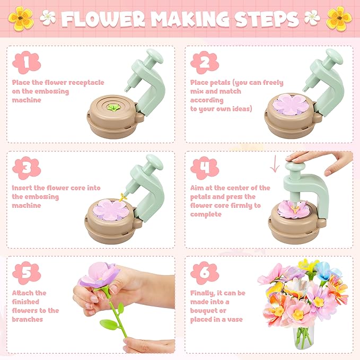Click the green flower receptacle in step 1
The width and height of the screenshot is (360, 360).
[x=112, y=107]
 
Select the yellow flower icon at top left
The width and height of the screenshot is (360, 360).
[x=20, y=17]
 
